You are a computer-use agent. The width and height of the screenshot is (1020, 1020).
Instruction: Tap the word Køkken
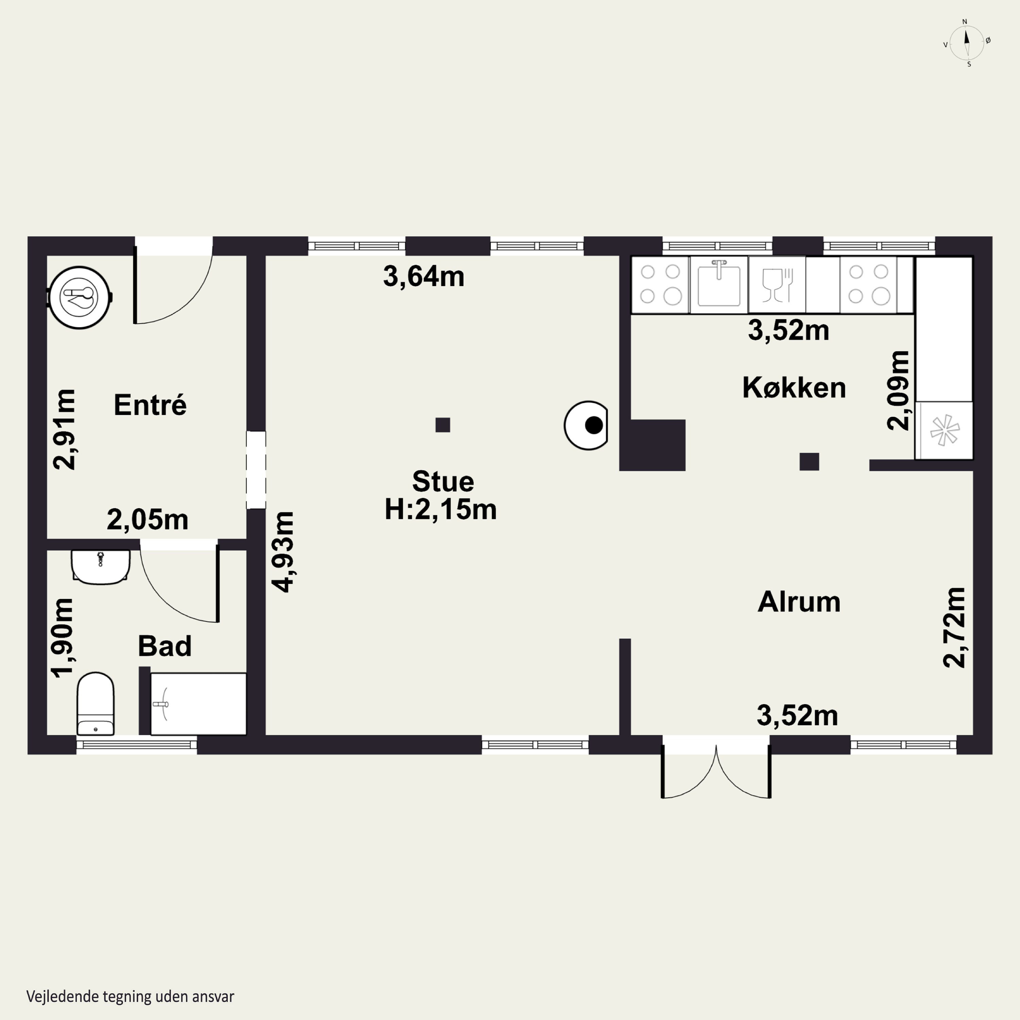pos(794,388)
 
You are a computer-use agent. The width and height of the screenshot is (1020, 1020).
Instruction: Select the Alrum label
pos(799,601)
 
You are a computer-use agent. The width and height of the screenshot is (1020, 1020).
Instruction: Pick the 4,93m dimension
pos(283,552)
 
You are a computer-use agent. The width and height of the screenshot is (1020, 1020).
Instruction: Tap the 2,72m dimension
pos(954,627)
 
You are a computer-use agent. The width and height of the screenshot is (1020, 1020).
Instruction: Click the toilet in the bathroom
pos(96,703)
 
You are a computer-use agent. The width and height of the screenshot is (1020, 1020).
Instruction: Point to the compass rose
pos(967,43)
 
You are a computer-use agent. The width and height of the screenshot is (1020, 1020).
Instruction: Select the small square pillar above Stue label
pos(442,425)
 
